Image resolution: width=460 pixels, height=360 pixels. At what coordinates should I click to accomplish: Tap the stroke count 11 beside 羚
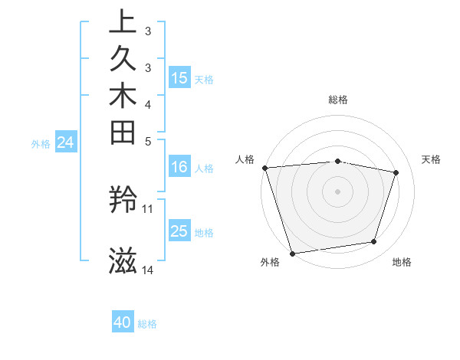148,208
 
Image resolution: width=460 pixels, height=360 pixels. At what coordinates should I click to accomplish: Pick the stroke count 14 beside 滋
148,270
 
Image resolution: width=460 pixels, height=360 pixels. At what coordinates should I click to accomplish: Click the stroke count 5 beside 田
148,141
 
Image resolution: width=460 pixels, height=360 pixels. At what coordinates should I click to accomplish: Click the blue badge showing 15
179,77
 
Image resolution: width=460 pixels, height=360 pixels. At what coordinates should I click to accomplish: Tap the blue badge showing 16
179,167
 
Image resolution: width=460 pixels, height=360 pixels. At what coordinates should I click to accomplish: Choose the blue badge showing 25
179,231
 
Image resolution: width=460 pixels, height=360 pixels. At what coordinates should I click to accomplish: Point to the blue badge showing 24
66,142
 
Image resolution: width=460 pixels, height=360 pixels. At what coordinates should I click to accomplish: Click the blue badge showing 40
123,322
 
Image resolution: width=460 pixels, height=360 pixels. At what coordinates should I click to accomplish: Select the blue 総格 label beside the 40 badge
147,323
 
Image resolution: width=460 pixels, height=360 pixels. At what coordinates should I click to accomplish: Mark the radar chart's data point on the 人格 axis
264,168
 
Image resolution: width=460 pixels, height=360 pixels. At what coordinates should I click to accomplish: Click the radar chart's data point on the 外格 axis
292,253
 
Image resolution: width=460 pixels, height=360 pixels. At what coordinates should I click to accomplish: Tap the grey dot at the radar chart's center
337,191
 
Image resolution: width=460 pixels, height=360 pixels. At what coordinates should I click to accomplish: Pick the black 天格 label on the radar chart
432,159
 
